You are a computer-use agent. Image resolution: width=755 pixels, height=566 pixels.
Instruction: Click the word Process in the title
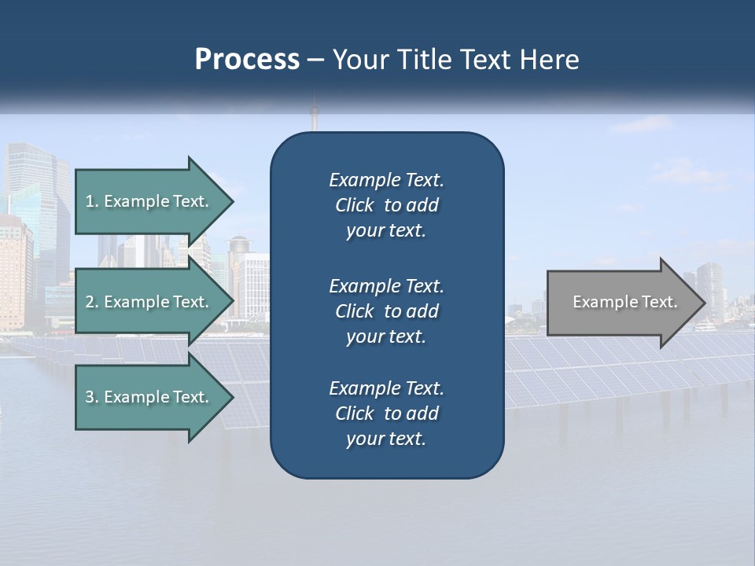[247, 60]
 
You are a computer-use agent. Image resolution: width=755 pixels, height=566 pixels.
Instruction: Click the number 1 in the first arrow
[90, 201]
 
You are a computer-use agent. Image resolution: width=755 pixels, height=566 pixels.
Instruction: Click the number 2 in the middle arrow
[90, 302]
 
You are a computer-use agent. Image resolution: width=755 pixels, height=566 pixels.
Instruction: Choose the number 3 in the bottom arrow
[90, 397]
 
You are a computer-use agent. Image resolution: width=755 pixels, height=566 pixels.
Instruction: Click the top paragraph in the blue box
[386, 205]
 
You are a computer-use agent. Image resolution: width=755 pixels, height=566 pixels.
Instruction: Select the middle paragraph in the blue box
[386, 311]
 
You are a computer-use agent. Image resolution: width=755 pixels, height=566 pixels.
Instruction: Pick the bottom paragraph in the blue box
[386, 413]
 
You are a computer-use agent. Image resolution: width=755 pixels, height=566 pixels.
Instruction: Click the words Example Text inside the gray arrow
[624, 302]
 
